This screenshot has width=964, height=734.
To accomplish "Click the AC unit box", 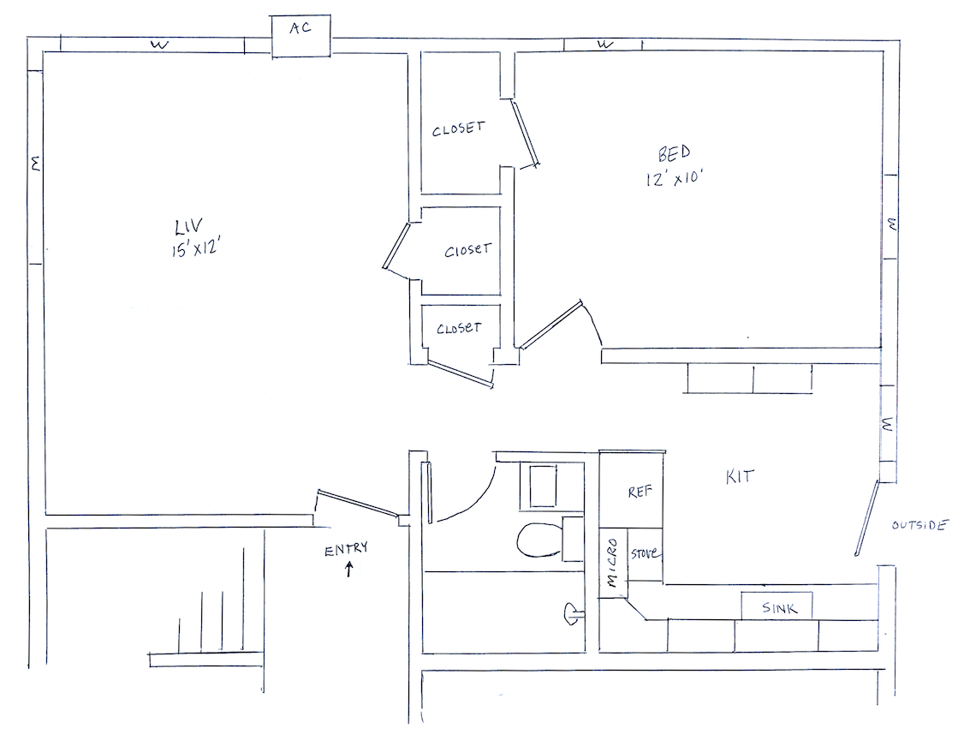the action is [301, 36].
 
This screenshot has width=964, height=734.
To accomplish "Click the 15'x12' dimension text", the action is [195, 249].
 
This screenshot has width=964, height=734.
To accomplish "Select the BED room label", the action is [674, 152].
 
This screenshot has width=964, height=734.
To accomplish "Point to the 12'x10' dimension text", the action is [674, 178].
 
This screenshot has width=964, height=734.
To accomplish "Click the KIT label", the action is [740, 476].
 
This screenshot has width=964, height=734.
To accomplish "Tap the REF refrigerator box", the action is [632, 491].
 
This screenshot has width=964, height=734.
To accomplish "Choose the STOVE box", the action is [645, 554].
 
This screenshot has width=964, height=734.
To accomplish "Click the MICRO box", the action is [613, 563].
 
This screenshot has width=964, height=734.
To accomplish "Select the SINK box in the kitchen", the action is [777, 606].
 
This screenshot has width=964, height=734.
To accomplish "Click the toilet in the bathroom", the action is [549, 539].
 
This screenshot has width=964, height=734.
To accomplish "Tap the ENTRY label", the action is [346, 548].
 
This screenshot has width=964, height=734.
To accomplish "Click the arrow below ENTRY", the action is [348, 569].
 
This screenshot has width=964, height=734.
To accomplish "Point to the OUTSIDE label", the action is [919, 525].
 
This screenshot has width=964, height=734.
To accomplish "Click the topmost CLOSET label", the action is [458, 128].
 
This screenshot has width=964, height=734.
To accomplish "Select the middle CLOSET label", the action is [468, 250].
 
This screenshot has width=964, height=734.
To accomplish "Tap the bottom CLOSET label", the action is [459, 328].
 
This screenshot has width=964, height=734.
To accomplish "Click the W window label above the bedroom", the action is [605, 45].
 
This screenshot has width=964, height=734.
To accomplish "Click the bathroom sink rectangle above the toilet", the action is [543, 486].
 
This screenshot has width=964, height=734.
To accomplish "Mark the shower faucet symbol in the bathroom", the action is [572, 612].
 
